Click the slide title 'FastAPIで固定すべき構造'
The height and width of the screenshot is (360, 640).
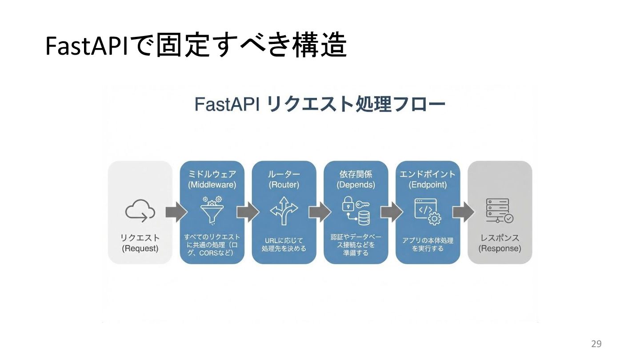point(196,46)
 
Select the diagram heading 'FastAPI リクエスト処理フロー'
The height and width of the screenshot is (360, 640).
point(320,105)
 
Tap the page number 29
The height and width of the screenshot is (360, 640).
point(596,344)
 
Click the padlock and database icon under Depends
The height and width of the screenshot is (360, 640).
point(356,211)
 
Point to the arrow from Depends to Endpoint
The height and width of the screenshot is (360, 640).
point(392,212)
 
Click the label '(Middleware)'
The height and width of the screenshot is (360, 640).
point(212,184)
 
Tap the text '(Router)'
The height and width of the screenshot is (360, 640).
point(284,184)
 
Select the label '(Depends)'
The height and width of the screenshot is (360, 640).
point(356,184)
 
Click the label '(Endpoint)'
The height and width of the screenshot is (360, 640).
point(428,184)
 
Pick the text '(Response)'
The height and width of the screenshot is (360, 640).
point(500,248)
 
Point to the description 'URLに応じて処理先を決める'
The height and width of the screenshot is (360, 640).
point(284,244)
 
